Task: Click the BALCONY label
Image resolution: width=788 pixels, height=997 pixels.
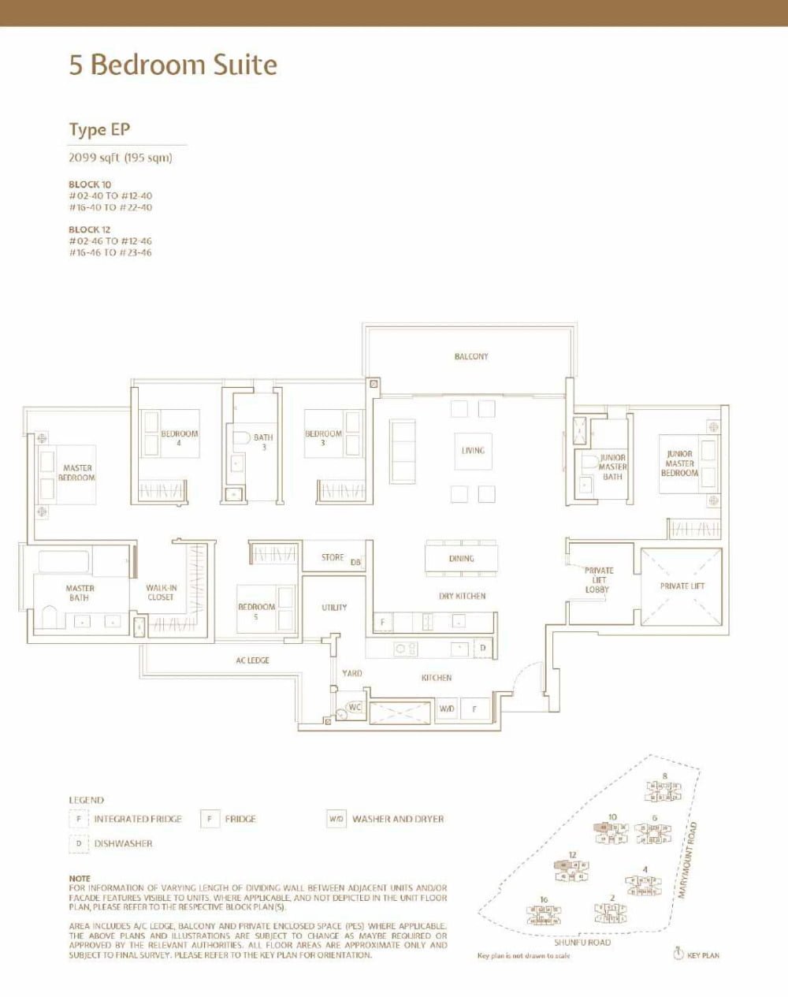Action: tap(471, 356)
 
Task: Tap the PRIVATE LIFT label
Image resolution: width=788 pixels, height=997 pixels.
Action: tap(682, 586)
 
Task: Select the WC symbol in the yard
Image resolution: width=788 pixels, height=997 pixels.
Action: tap(355, 707)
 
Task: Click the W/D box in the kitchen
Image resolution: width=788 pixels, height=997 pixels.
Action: tap(447, 709)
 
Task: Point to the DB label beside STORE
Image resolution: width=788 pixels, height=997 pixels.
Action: tap(355, 562)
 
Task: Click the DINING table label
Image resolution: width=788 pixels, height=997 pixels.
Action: tap(462, 558)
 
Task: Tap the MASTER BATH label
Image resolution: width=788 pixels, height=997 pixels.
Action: tap(80, 593)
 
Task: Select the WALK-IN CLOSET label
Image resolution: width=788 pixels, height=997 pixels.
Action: tap(161, 593)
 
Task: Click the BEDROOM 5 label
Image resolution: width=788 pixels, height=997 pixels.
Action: tap(257, 612)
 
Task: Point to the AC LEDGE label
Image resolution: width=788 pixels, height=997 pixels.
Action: tap(252, 660)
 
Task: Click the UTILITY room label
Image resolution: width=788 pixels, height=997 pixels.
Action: tap(334, 608)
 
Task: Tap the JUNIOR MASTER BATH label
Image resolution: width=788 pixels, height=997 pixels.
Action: tap(612, 467)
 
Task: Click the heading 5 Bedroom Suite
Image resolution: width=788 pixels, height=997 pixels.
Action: tap(173, 65)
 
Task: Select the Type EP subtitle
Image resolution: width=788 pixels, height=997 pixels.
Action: tap(99, 129)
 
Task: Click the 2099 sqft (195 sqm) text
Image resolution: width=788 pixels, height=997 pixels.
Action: tap(121, 158)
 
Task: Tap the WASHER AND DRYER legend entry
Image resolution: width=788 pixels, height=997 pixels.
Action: tap(397, 819)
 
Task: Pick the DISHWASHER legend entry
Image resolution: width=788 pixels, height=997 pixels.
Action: tap(123, 843)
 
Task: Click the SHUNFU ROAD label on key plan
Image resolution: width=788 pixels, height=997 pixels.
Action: tap(582, 943)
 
